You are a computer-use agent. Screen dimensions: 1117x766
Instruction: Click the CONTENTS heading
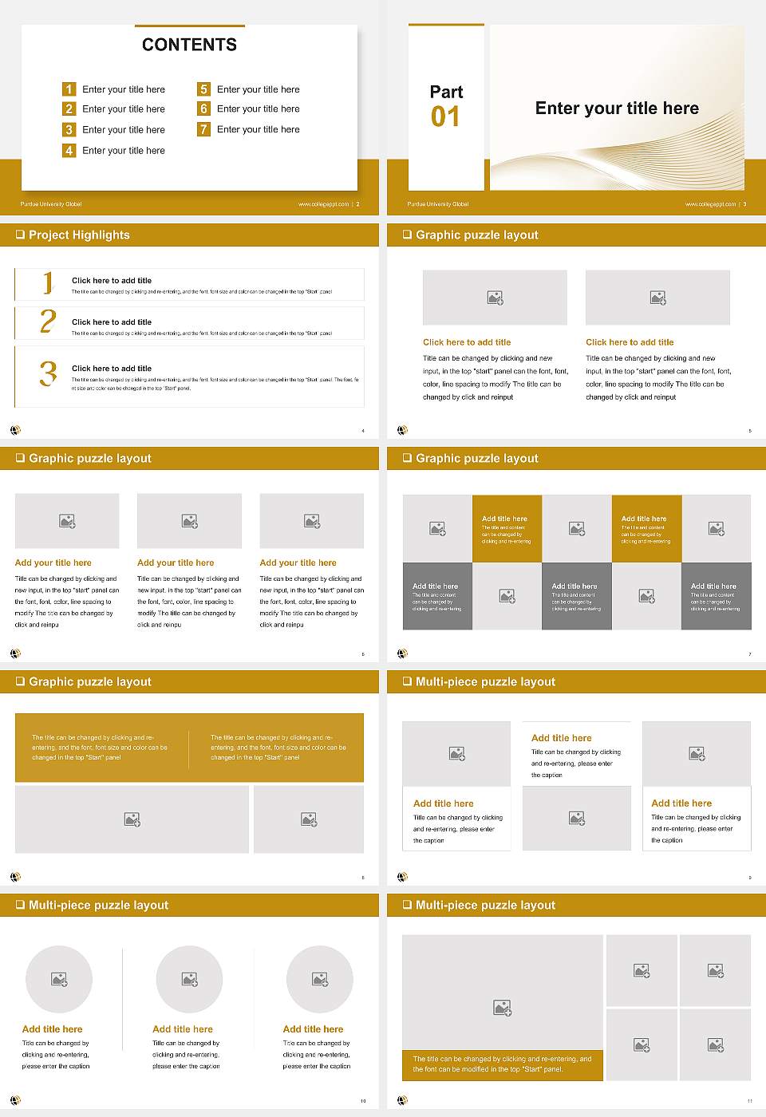click(x=189, y=45)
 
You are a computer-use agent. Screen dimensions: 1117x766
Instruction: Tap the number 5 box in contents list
click(x=203, y=89)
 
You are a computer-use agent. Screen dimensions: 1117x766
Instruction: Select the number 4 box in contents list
click(x=69, y=150)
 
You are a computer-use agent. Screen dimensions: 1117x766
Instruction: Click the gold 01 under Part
click(x=445, y=117)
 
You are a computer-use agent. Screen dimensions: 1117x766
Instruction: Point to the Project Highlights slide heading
click(x=79, y=235)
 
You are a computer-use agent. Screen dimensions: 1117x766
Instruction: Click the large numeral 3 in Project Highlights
click(x=49, y=373)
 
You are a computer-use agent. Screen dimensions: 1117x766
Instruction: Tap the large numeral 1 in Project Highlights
click(x=48, y=282)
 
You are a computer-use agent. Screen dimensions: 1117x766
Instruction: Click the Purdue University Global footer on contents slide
click(x=51, y=204)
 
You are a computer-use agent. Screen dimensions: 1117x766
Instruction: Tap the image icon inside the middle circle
click(x=189, y=979)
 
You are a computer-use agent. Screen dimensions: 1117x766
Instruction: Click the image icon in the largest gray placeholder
click(x=502, y=1008)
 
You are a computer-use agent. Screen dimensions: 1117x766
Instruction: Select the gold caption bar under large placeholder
click(x=502, y=1064)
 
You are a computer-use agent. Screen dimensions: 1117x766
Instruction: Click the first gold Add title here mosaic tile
click(x=507, y=529)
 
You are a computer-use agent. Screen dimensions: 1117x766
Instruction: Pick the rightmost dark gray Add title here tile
click(x=716, y=596)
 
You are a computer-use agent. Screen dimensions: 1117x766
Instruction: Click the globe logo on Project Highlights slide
click(x=15, y=430)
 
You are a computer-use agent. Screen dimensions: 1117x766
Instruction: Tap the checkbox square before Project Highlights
click(x=20, y=235)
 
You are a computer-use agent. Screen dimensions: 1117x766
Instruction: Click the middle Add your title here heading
click(x=176, y=562)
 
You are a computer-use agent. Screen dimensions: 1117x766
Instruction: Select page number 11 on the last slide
click(x=749, y=1101)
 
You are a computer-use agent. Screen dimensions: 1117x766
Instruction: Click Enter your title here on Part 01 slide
click(x=617, y=109)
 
